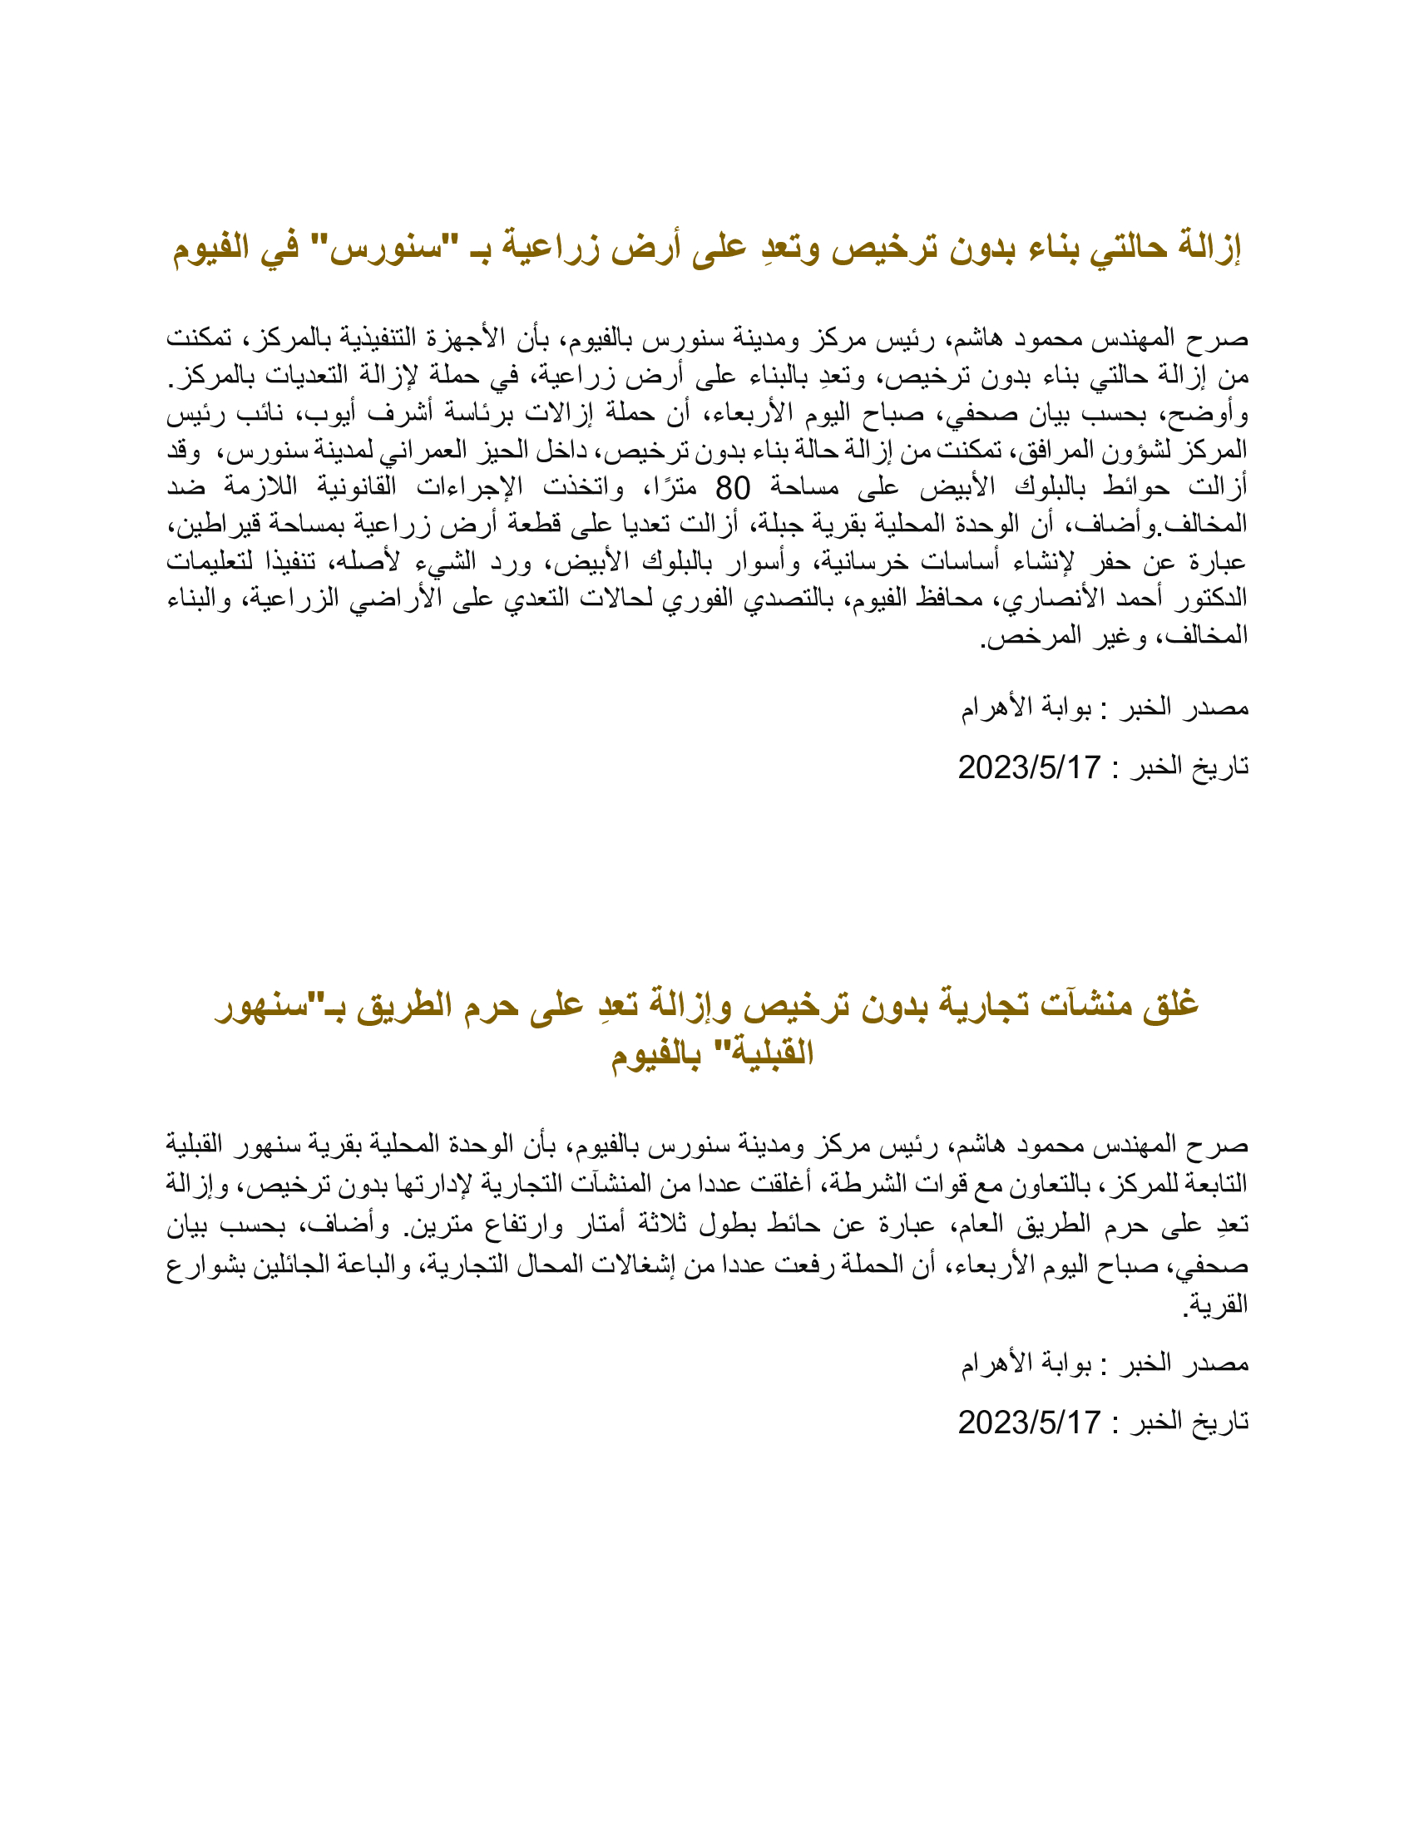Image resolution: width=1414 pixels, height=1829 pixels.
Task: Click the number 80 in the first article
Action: [x=732, y=487]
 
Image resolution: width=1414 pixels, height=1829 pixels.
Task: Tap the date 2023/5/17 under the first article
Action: [x=1029, y=767]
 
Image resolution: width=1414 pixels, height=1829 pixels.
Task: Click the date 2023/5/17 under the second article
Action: [x=1029, y=1422]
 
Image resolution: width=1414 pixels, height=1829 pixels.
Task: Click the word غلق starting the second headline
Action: [x=1170, y=1004]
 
